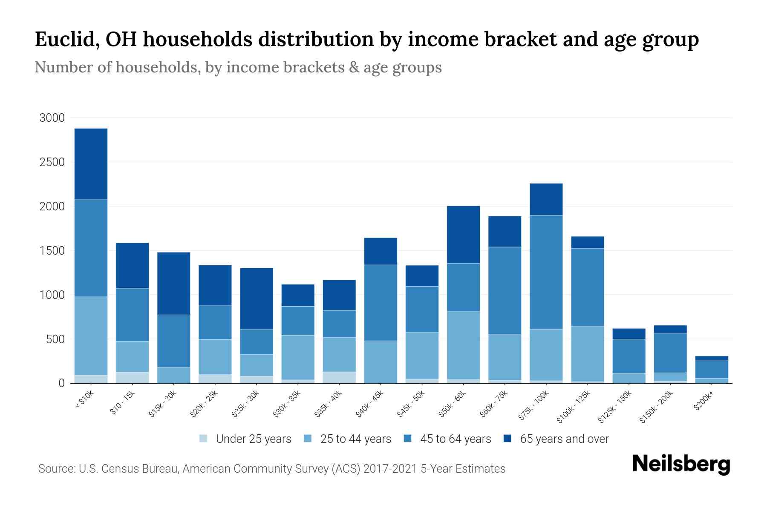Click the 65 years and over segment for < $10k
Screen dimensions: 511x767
[91, 164]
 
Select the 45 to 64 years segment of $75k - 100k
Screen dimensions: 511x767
[546, 272]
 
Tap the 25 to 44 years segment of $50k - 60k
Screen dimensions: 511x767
[463, 345]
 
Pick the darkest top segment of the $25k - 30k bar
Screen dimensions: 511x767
[257, 299]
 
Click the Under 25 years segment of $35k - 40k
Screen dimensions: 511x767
[339, 377]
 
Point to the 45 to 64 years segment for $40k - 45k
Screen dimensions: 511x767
[381, 303]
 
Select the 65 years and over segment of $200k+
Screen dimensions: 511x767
[711, 359]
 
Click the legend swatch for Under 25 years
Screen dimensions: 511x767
[204, 439]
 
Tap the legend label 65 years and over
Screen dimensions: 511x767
[564, 439]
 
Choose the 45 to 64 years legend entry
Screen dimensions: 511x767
[455, 439]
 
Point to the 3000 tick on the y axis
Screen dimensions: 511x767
[52, 118]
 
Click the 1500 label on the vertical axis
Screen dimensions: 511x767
[52, 251]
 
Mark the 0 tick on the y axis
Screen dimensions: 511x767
[61, 383]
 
